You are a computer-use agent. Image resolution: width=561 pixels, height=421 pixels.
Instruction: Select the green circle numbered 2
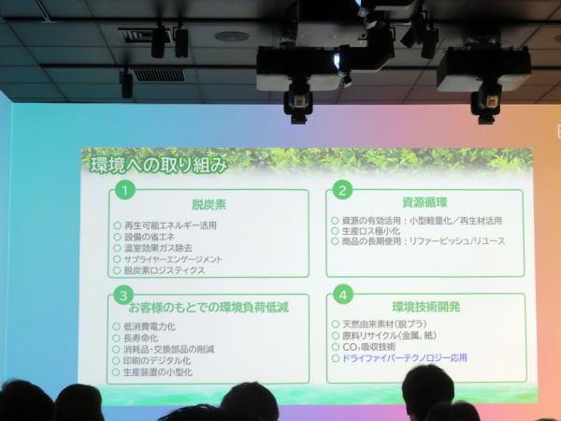click(343, 190)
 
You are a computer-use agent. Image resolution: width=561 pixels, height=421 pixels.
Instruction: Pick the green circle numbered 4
click(343, 296)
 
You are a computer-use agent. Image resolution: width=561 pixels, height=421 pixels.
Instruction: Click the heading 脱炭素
click(209, 203)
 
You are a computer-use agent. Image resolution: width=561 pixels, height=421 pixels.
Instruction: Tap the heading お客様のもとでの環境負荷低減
click(208, 306)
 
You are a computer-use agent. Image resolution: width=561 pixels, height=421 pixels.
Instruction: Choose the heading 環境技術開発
click(425, 305)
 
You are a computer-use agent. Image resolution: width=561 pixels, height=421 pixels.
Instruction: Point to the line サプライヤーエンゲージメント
click(173, 259)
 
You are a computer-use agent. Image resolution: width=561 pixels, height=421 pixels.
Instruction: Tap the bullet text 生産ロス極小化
click(384, 231)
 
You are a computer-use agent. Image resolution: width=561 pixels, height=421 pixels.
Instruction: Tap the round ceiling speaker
click(232, 36)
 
